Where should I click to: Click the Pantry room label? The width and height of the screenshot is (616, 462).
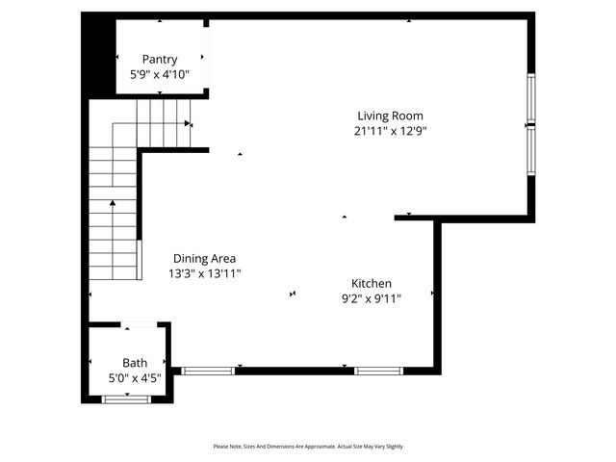click(160, 60)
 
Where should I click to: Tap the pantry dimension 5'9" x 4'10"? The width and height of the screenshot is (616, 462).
click(160, 74)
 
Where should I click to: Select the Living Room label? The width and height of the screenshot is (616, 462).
click(390, 116)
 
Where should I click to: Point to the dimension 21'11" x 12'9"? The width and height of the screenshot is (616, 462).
click(390, 131)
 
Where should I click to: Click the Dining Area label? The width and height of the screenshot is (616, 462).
click(204, 259)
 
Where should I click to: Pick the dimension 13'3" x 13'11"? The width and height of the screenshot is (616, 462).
click(204, 273)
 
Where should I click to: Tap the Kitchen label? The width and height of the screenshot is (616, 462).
click(371, 284)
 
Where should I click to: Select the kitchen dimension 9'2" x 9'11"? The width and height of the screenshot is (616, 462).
click(371, 298)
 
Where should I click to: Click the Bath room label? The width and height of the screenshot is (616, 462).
click(135, 363)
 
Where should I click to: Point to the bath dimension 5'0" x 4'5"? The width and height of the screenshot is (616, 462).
click(135, 378)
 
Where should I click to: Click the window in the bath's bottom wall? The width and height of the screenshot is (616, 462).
click(126, 398)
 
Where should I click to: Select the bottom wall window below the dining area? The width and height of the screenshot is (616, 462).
click(207, 370)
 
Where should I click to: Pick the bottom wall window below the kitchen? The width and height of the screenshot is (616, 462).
click(378, 370)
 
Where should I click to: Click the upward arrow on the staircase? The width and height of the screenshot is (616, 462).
click(113, 204)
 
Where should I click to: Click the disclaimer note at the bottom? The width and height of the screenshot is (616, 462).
click(308, 447)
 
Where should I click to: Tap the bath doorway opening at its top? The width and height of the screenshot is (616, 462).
click(140, 324)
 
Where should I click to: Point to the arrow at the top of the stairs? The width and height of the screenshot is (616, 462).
click(189, 123)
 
